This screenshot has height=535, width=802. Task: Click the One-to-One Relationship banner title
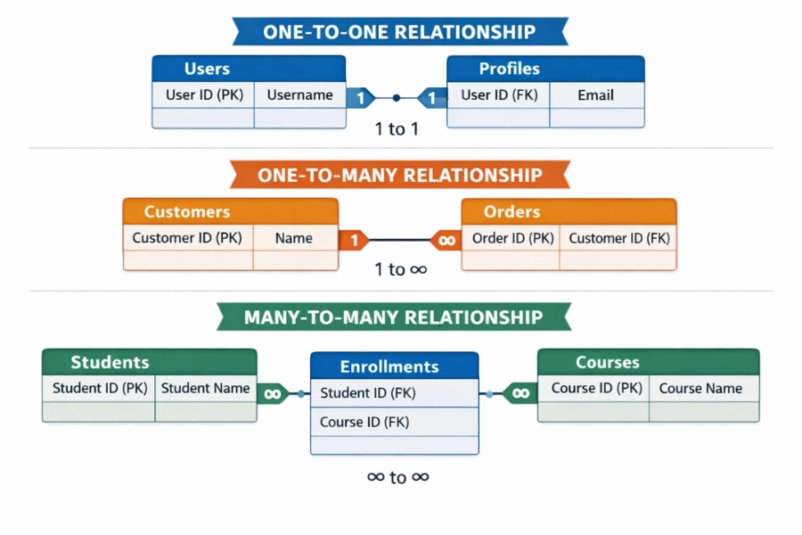pos(399,32)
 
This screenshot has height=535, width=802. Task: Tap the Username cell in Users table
pos(299,95)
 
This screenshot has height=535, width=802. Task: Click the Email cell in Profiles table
pos(595,95)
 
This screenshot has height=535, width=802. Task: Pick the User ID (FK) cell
pos(499,95)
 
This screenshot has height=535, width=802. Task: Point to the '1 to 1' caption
pos(397,128)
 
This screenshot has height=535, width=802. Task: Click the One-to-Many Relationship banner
pos(399,175)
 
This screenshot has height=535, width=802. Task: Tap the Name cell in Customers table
pos(294,238)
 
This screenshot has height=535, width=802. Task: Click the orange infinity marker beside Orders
pos(446,240)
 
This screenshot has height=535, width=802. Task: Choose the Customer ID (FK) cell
pos(618,238)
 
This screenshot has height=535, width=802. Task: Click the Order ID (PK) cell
pos(512,238)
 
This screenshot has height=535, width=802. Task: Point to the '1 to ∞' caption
pos(399,269)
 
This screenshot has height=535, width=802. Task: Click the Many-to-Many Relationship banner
pos(393,317)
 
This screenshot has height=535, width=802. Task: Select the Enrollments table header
pos(394,366)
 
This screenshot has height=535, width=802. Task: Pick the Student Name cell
pos(205,388)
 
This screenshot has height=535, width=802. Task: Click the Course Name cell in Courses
pos(700,388)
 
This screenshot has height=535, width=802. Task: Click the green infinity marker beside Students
pos(273,393)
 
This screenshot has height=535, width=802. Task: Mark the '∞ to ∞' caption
pos(397,477)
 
